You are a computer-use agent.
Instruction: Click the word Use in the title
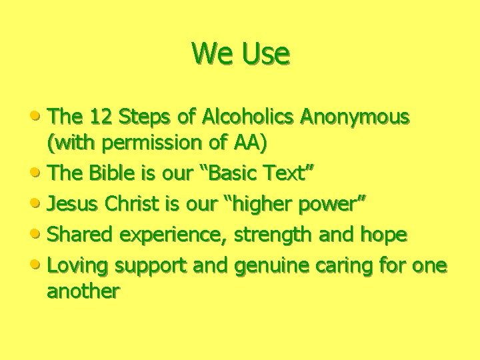tap(267, 53)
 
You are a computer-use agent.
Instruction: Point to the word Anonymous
tap(355, 118)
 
